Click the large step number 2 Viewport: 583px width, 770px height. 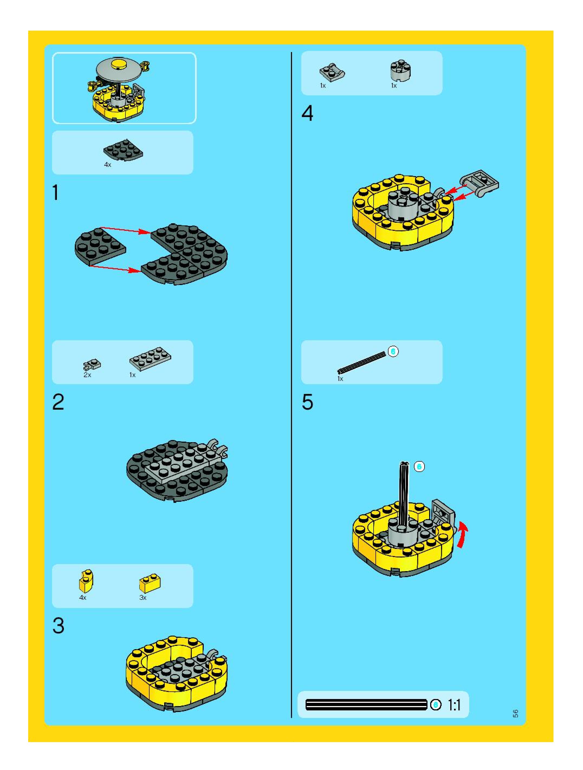58,402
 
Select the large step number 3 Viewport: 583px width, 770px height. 59,626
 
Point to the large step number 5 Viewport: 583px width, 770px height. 307,402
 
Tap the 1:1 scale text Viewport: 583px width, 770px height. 454,705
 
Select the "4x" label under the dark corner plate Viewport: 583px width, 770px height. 108,165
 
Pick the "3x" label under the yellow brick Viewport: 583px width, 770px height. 143,598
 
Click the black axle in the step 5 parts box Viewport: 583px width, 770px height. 362,362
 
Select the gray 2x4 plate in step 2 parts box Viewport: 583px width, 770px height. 150,358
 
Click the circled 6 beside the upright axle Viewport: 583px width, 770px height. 419,467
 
